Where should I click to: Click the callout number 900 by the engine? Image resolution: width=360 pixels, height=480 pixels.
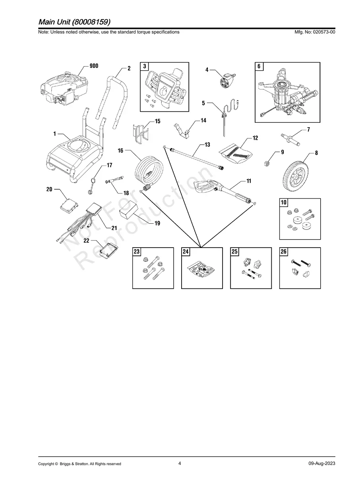pos(93,66)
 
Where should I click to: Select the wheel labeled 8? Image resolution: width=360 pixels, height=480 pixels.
pos(295,173)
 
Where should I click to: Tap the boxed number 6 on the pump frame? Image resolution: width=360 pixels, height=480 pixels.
pos(259,66)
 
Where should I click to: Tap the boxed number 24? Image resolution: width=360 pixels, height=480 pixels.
pos(186,252)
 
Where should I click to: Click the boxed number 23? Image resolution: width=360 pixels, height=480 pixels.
pos(137,252)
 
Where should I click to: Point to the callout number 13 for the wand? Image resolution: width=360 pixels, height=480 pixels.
pos(207,145)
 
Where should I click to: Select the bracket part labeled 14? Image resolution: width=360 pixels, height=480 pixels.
pos(183,129)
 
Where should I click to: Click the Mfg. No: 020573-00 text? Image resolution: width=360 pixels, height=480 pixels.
pos(313,32)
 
